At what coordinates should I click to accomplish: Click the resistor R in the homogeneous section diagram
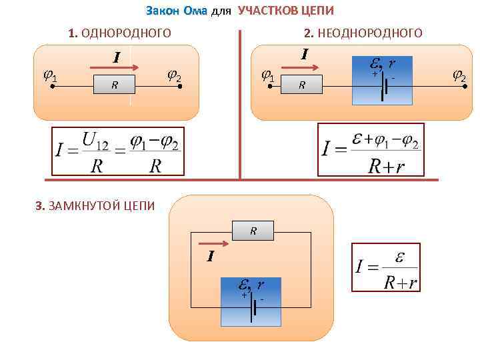pos(115,85)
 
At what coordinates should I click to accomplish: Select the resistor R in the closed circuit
pos(253,231)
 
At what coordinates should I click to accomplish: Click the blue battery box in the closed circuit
pos(252,299)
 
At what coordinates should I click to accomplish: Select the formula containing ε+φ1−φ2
pos(371,149)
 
